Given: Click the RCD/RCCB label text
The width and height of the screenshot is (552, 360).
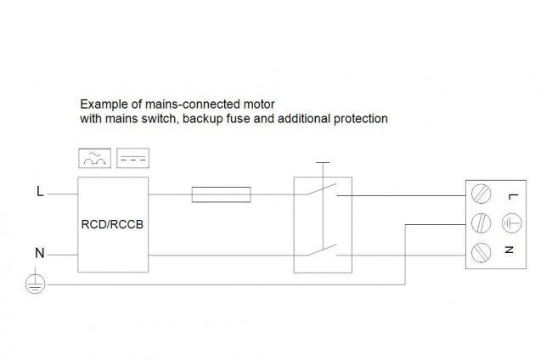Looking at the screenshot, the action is pos(112,224).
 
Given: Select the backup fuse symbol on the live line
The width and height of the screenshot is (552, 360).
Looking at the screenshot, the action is pos(221,194).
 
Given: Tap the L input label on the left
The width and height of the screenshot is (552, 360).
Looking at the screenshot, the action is pos(40,191).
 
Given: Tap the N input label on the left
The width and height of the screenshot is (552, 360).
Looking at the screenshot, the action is pos(39,253).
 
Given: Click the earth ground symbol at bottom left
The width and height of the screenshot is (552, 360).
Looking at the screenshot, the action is pos(35,284).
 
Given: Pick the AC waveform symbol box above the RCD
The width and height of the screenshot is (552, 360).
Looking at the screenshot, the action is pos(95,159).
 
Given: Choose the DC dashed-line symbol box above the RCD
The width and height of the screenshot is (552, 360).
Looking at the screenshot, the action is pos(132,159).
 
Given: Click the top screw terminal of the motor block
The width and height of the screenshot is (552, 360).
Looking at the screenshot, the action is pos(481,194).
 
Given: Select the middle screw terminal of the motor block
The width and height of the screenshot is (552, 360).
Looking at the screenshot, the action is pos(481,223).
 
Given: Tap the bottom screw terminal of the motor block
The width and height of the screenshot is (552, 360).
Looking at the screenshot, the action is pos(481,252).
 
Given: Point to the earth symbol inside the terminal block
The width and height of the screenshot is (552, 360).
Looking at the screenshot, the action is pos(511,223).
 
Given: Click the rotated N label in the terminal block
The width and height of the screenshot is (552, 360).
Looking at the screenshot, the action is pos(509,250).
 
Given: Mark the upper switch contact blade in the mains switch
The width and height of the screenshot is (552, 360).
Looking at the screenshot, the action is pos(321,189).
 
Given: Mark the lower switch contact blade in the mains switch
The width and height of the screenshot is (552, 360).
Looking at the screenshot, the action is pos(321,250).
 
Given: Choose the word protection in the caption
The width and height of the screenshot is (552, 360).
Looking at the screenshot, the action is pos(360,119).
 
